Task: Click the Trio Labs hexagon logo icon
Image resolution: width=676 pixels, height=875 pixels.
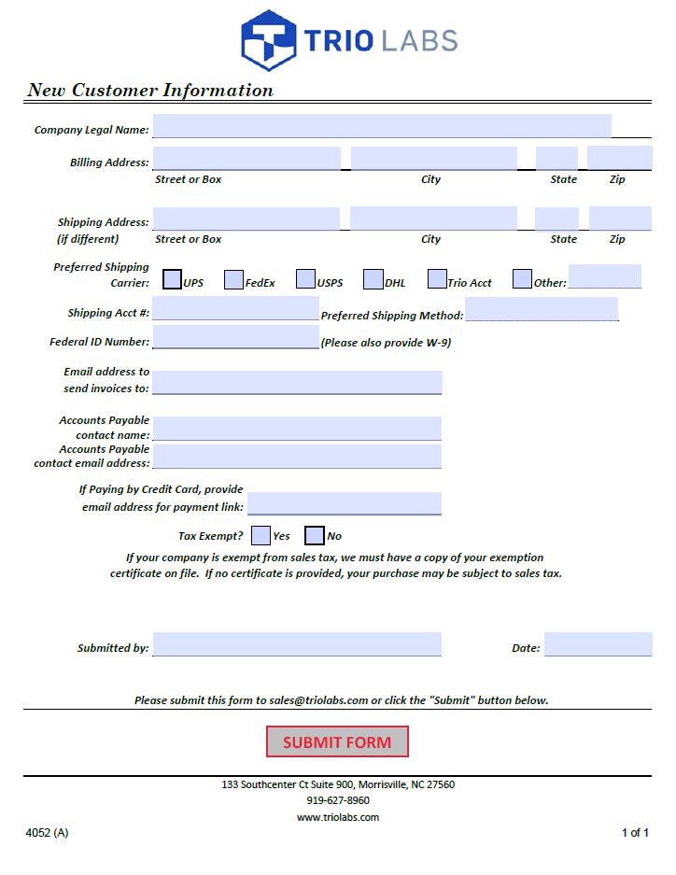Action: (x=269, y=40)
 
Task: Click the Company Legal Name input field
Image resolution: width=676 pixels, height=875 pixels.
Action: (x=382, y=126)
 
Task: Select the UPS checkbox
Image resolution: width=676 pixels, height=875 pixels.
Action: (x=173, y=279)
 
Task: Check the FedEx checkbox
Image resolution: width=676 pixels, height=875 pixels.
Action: (x=233, y=279)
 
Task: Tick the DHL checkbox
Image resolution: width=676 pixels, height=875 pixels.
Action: (x=373, y=279)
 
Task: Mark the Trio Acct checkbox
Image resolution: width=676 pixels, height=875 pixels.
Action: (x=437, y=279)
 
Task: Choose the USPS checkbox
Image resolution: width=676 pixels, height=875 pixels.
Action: (x=305, y=279)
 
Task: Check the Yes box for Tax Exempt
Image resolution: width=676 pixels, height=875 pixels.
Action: (x=261, y=535)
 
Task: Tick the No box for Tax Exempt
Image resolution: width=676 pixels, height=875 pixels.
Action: (x=315, y=535)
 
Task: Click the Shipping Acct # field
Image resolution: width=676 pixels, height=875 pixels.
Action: (x=235, y=309)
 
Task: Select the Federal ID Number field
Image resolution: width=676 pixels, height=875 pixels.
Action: (x=235, y=337)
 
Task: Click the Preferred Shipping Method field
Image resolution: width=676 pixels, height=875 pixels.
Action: (x=542, y=309)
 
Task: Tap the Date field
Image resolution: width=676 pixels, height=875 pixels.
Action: (x=598, y=644)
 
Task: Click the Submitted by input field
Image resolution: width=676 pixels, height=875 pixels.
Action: (x=297, y=644)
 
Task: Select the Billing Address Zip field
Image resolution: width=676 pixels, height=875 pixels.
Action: (x=619, y=159)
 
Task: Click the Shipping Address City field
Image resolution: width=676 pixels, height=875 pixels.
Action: (x=433, y=219)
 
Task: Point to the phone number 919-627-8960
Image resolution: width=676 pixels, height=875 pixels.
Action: (x=338, y=800)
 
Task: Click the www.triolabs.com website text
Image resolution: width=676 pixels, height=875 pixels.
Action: (x=338, y=817)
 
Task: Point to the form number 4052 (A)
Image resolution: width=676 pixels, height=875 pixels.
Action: (x=47, y=833)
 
